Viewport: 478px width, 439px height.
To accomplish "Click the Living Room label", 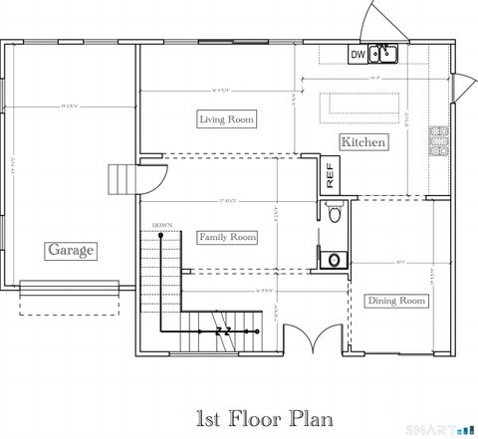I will [x=226, y=119].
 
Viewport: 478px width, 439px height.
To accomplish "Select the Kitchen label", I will [x=363, y=143].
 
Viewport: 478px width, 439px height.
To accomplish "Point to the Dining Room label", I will [x=396, y=301].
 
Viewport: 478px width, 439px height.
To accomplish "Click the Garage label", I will [x=70, y=250].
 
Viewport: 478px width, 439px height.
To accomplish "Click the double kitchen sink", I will [x=383, y=55].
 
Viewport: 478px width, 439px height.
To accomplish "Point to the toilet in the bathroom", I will [x=335, y=212].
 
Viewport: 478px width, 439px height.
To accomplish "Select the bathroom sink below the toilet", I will [x=334, y=259].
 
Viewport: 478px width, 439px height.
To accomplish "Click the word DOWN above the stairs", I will [x=163, y=225].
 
